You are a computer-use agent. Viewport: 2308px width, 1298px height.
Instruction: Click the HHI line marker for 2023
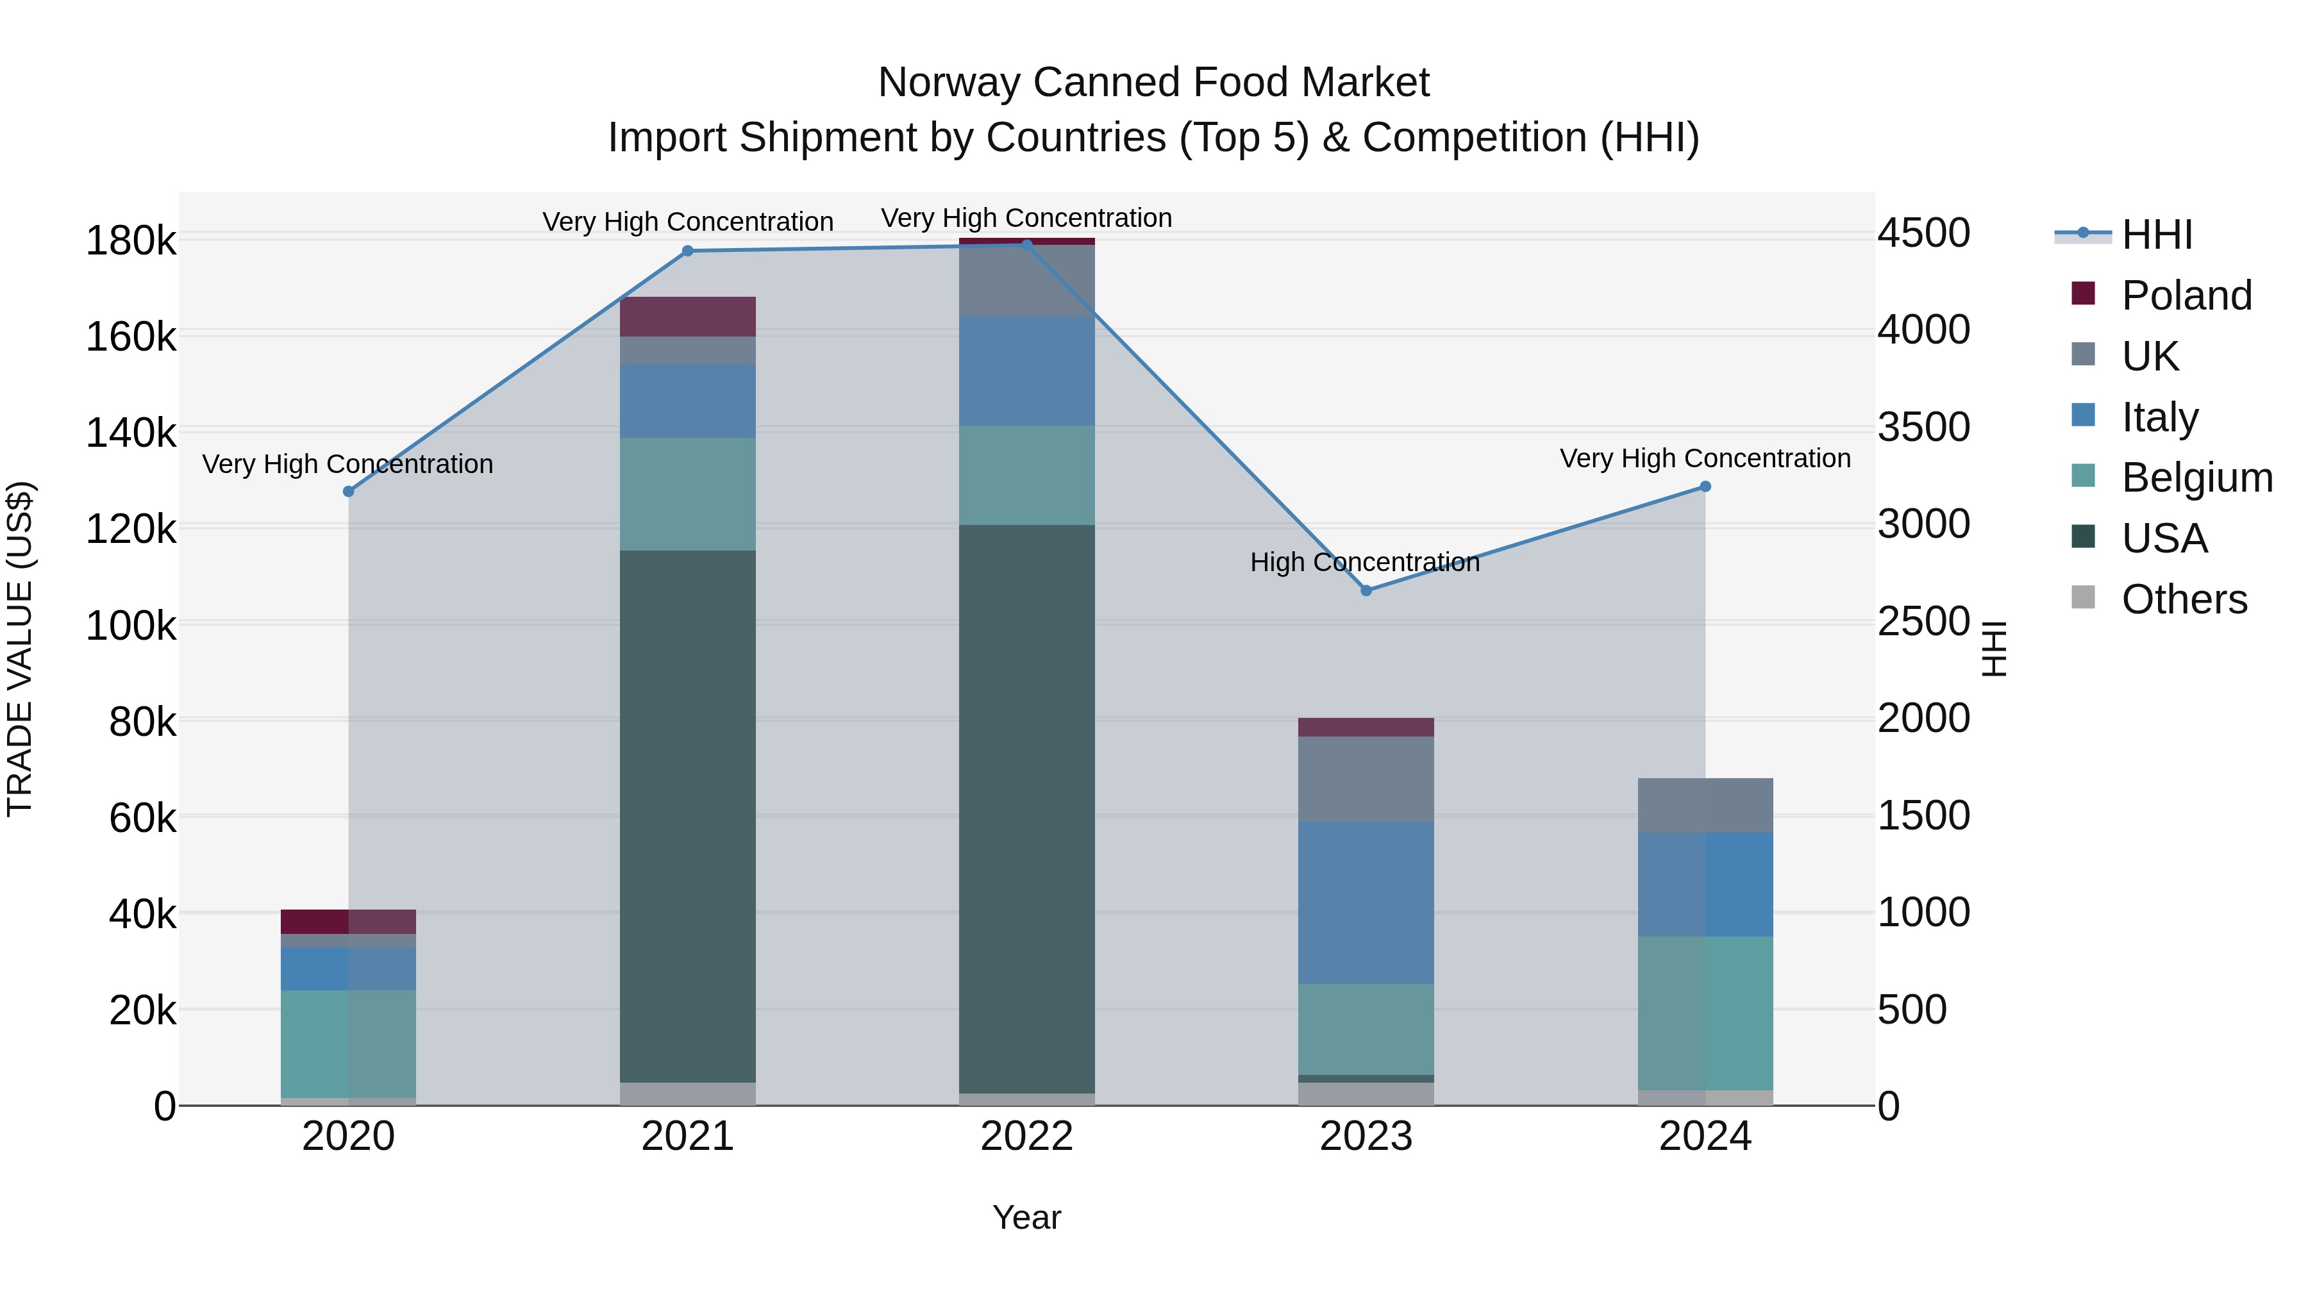1366,590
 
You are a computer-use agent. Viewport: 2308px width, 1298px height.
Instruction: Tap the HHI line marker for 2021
687,251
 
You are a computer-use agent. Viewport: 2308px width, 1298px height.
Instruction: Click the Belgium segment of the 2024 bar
1704,1012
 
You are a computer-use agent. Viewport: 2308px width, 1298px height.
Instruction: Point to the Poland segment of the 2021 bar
687,316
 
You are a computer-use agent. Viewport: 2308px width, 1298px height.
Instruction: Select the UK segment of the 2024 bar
1704,805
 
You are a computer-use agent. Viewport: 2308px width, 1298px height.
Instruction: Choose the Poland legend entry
2186,295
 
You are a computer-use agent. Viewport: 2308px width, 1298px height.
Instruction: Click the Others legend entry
2184,599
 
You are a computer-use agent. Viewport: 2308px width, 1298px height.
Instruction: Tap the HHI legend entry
2157,235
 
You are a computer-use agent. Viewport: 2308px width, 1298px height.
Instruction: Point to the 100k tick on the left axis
131,625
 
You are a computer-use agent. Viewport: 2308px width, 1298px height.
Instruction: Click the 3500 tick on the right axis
1923,428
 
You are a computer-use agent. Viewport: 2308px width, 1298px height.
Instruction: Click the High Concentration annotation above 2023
1364,563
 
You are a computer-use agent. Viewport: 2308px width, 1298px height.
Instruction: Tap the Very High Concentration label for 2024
1704,459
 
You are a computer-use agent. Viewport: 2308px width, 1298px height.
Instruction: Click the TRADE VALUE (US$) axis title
20,649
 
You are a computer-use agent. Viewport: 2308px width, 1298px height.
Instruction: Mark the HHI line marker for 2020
349,491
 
